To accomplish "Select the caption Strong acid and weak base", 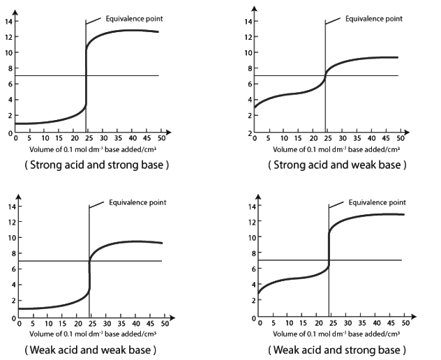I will tap(336, 165).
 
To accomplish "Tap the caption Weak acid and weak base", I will tap(91, 349).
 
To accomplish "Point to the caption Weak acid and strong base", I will tap(336, 349).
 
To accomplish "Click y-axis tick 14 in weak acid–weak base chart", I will tap(10, 207).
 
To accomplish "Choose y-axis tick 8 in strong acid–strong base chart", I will tap(9, 68).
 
